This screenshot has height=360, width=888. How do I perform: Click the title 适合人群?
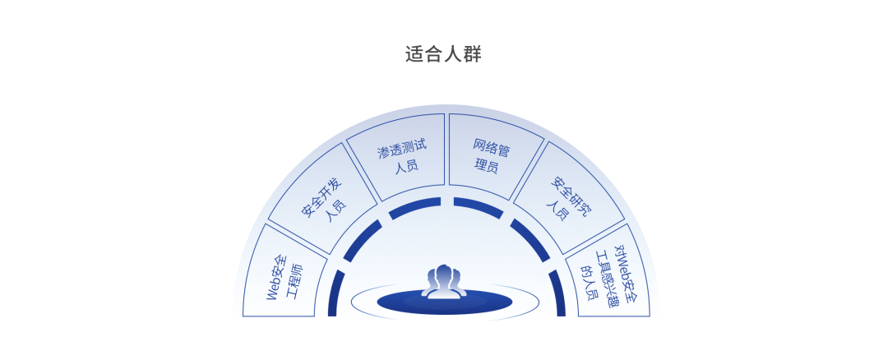point(443,54)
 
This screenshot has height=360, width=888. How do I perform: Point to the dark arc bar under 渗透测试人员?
point(414,207)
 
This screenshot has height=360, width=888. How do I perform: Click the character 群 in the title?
point(472,54)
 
